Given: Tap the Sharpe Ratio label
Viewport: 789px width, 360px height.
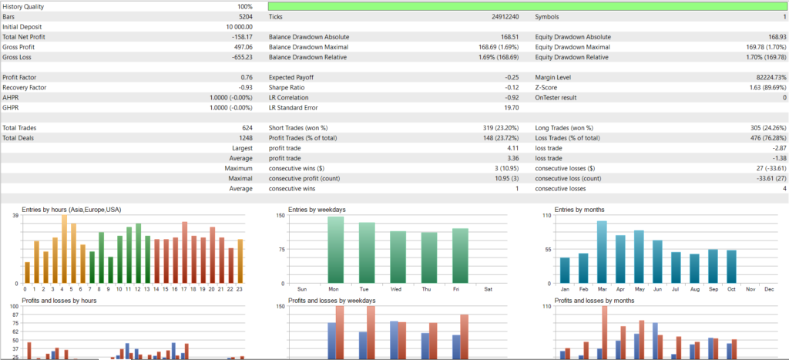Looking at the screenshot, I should coord(289,87).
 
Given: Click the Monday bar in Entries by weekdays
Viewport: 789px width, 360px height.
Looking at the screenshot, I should coord(335,250).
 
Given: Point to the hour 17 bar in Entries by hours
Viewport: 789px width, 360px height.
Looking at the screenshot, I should coord(185,253).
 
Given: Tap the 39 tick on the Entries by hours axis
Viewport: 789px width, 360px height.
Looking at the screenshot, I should coord(15,216).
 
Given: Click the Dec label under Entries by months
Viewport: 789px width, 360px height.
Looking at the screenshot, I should coord(768,289).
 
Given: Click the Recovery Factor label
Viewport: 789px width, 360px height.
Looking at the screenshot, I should coord(25,87).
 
